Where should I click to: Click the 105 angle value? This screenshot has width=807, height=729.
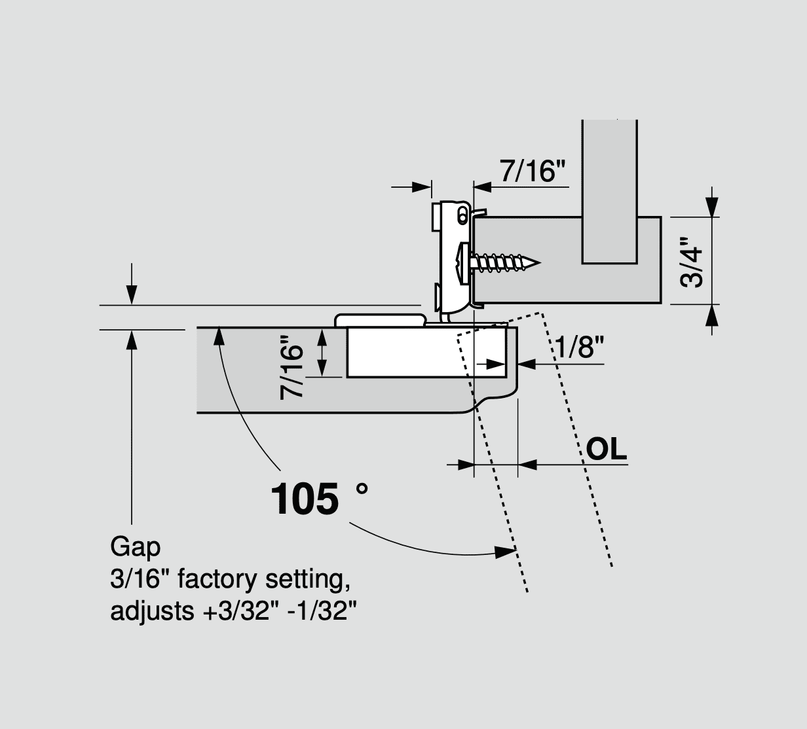point(305,499)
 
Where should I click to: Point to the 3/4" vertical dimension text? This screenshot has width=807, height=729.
point(692,261)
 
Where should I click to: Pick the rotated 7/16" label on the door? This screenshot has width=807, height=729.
point(292,367)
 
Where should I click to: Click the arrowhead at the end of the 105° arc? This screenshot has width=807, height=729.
point(505,552)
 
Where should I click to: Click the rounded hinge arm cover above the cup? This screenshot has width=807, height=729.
point(380,319)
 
